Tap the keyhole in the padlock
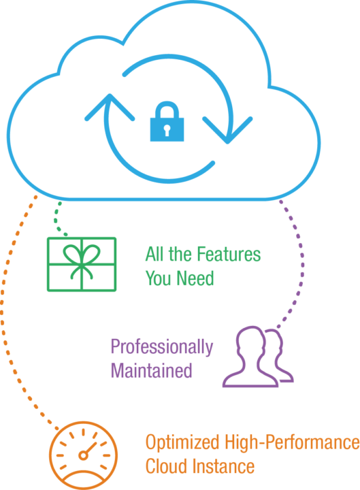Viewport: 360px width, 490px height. [167, 130]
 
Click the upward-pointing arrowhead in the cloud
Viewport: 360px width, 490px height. [110, 106]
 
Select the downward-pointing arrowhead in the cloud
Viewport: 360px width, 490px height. [227, 131]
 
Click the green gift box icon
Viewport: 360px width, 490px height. [82, 264]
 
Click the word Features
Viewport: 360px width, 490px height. [229, 254]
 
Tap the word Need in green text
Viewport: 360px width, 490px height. [195, 278]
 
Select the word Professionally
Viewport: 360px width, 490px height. [162, 348]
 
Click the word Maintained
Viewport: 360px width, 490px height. [151, 371]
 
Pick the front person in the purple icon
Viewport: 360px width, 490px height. [250, 357]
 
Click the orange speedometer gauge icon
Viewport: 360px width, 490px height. [83, 455]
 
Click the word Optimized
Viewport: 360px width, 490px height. [182, 442]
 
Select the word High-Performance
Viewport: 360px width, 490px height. [292, 442]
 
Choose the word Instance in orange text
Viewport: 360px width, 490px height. [223, 466]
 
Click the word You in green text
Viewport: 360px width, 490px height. [159, 278]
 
